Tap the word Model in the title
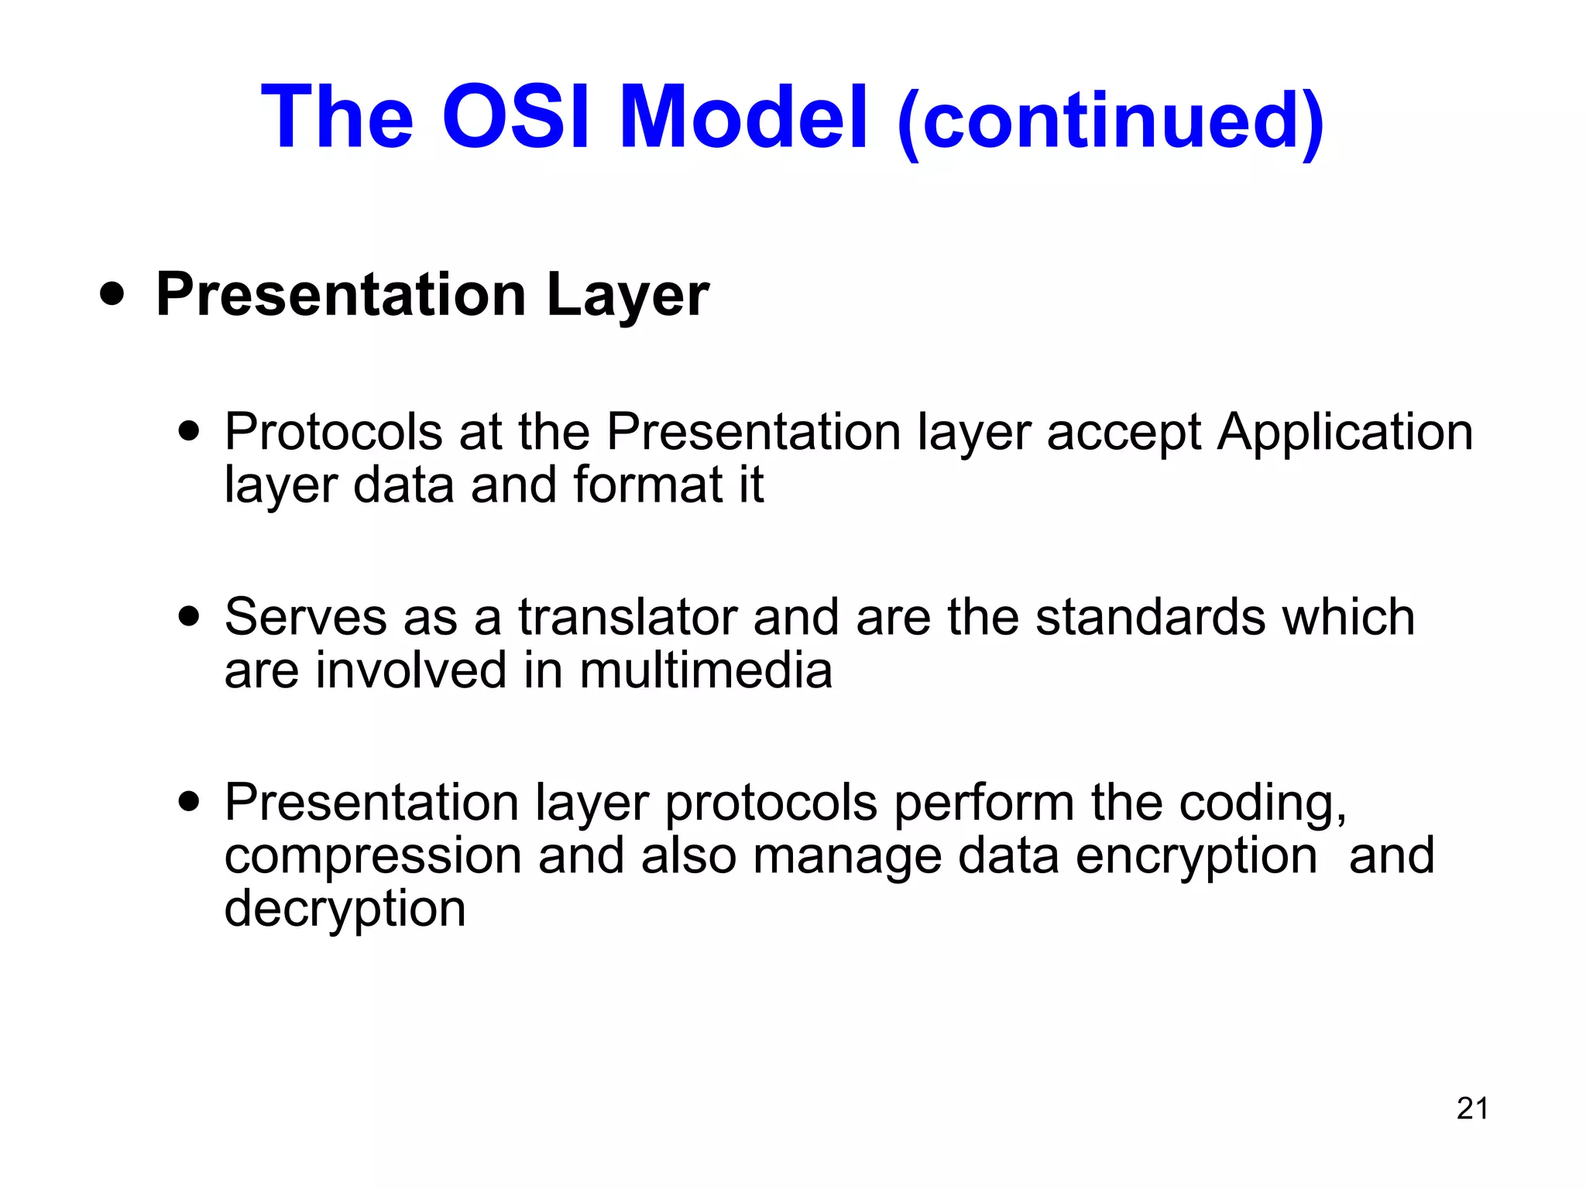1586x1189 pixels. [x=743, y=118]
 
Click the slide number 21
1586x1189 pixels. [x=1472, y=1108]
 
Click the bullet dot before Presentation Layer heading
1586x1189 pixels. [x=112, y=295]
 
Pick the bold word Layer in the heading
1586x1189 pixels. [x=627, y=295]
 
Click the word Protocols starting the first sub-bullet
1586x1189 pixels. [x=333, y=431]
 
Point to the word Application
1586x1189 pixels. [x=1344, y=433]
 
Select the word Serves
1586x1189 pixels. [x=305, y=617]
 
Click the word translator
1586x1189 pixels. [x=627, y=617]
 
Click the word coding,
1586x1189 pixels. [x=1262, y=804]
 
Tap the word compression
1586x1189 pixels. [x=373, y=856]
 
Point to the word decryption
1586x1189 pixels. [x=345, y=910]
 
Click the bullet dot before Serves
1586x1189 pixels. [x=188, y=617]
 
